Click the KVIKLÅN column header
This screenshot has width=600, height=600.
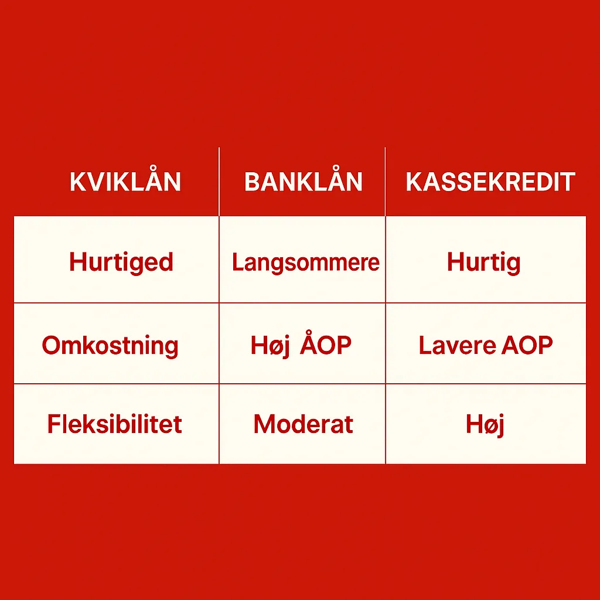125,182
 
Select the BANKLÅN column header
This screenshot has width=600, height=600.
303,182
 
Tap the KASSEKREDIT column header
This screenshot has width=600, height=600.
490,182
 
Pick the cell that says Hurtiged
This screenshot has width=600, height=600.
121,261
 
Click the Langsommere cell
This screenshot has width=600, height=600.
305,262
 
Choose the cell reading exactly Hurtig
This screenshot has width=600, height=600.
483,262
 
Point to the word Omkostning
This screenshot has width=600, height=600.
110,346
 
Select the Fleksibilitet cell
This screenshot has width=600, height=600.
115,424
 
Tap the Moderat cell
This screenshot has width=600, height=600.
303,424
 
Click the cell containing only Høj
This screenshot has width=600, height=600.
485,424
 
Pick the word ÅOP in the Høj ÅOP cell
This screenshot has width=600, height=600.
326,345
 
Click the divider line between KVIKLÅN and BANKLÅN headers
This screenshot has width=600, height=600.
219,182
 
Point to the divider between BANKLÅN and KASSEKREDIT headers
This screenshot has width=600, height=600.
386,182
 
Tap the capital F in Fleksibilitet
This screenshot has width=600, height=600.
54,424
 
